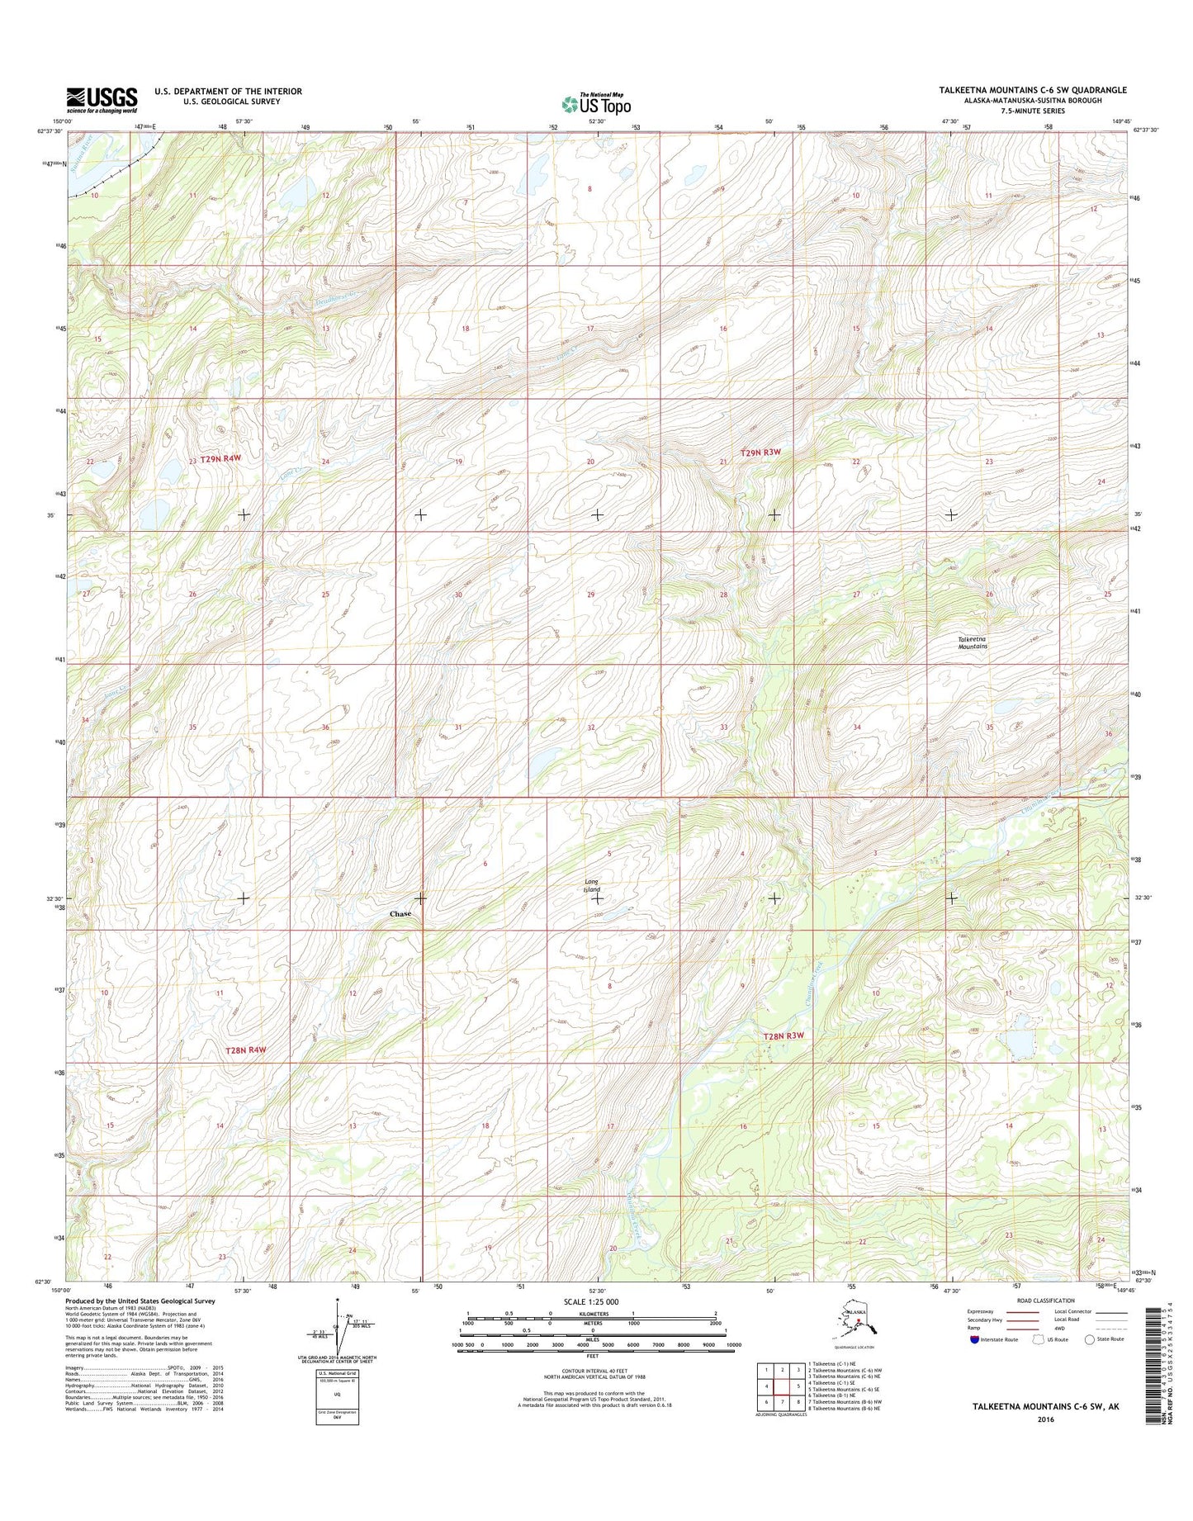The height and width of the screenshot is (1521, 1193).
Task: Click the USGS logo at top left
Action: point(102,100)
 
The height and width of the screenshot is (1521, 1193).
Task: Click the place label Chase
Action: point(400,914)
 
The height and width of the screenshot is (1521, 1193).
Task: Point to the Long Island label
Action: point(592,886)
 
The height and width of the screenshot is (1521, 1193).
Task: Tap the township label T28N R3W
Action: point(783,1035)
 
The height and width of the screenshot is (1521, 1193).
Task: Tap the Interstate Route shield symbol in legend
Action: point(976,1339)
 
